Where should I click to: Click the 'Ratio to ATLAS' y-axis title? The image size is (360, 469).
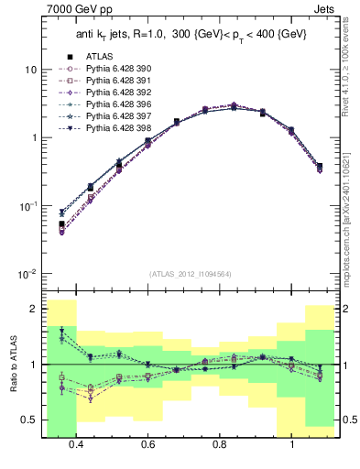12,365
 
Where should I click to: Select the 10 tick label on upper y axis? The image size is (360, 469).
31,70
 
